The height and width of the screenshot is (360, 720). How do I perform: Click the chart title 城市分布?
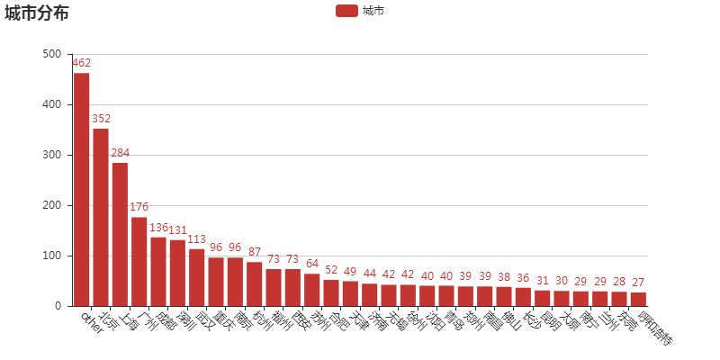[36, 13]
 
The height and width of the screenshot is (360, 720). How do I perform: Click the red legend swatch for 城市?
[346, 11]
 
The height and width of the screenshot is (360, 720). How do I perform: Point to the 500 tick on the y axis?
[52, 54]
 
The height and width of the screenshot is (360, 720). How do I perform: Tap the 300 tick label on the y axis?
[52, 155]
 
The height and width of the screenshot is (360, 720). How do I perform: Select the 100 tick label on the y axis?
[52, 256]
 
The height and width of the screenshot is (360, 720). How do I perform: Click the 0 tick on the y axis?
[57, 306]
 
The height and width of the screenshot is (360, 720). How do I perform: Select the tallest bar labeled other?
[82, 189]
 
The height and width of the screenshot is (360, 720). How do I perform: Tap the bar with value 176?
[139, 261]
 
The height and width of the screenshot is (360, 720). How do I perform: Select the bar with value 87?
[254, 283]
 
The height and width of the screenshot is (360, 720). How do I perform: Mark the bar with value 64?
[311, 290]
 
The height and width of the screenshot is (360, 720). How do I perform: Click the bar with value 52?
[331, 292]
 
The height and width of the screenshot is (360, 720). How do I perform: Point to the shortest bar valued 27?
[638, 299]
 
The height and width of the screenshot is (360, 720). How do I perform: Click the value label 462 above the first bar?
[82, 63]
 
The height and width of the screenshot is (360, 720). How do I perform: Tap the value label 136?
[158, 228]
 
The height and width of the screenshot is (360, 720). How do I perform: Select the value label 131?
[177, 230]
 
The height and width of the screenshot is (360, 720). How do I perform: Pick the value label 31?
[542, 281]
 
